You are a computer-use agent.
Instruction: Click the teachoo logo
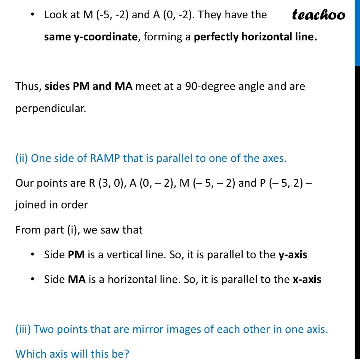click(x=318, y=15)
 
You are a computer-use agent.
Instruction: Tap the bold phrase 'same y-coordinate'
click(x=90, y=37)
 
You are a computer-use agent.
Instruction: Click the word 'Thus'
click(x=27, y=86)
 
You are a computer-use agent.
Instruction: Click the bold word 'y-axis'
click(x=293, y=254)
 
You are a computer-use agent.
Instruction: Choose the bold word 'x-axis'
click(x=307, y=279)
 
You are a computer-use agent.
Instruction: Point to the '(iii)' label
click(x=23, y=329)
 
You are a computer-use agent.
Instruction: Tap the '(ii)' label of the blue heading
click(x=22, y=158)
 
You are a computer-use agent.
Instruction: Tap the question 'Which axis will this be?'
click(x=72, y=354)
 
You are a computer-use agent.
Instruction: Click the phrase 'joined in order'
click(x=51, y=205)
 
